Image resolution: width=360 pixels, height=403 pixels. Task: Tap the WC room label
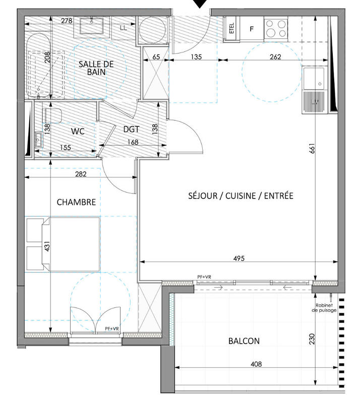[77, 131]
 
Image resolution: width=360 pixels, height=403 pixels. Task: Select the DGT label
[131, 129]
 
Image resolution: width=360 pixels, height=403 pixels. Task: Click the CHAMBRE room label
[76, 202]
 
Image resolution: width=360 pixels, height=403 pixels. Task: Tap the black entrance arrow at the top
[201, 4]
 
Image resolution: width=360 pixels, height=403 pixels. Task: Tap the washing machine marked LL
[123, 29]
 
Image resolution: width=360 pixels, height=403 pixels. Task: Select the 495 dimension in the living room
[238, 258]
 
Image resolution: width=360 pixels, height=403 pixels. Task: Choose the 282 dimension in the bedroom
[81, 174]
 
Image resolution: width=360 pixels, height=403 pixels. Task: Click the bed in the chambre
[63, 245]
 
